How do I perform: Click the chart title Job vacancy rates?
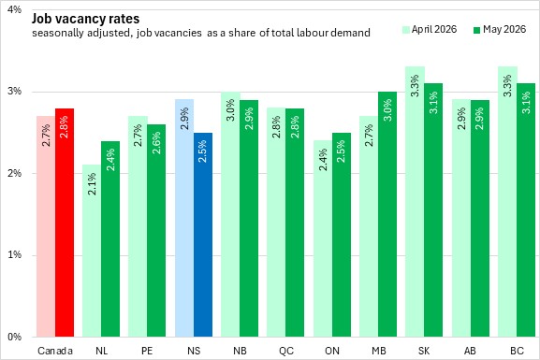click(x=86, y=19)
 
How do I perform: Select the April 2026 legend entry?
click(x=430, y=29)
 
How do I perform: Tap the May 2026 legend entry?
click(x=500, y=29)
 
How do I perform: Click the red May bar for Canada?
click(x=65, y=223)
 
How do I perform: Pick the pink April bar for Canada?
click(x=46, y=226)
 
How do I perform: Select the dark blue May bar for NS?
click(x=203, y=235)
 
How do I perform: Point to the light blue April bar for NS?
click(x=184, y=218)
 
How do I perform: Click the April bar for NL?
click(x=92, y=251)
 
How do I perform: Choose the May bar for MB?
click(x=387, y=214)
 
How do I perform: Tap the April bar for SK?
click(x=415, y=201)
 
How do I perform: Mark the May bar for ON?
click(x=342, y=235)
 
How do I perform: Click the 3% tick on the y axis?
click(x=15, y=92)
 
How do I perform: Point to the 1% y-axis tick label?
click(x=15, y=254)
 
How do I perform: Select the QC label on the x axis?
click(x=286, y=351)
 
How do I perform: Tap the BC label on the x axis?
click(x=517, y=351)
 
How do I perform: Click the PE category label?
click(x=147, y=351)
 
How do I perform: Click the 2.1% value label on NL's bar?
click(x=92, y=184)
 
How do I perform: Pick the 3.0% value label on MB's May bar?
click(x=387, y=110)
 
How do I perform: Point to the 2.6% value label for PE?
click(x=156, y=143)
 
